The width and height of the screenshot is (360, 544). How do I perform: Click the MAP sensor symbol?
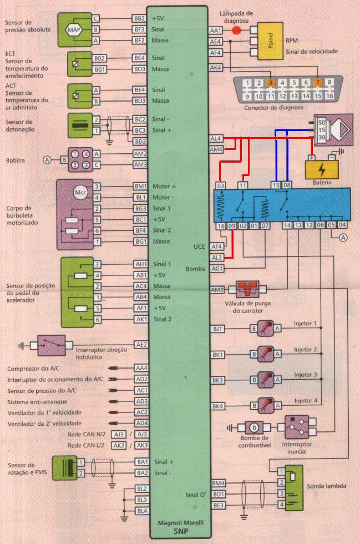(x=74, y=29)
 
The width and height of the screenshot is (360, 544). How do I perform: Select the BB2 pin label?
(x=139, y=18)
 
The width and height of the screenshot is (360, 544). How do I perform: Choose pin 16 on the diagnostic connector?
(x=329, y=95)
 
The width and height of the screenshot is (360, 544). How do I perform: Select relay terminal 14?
(x=287, y=225)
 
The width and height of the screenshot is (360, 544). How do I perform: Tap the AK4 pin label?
(x=216, y=68)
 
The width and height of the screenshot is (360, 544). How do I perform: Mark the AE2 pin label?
(x=140, y=345)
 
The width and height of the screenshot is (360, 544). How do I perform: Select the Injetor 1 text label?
(x=306, y=323)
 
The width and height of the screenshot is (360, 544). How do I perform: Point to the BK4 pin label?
(x=217, y=406)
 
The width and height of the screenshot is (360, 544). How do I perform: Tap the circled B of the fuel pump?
(x=254, y=427)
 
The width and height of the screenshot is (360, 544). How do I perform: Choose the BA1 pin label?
(x=141, y=462)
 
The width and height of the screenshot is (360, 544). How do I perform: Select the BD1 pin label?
(x=218, y=494)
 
